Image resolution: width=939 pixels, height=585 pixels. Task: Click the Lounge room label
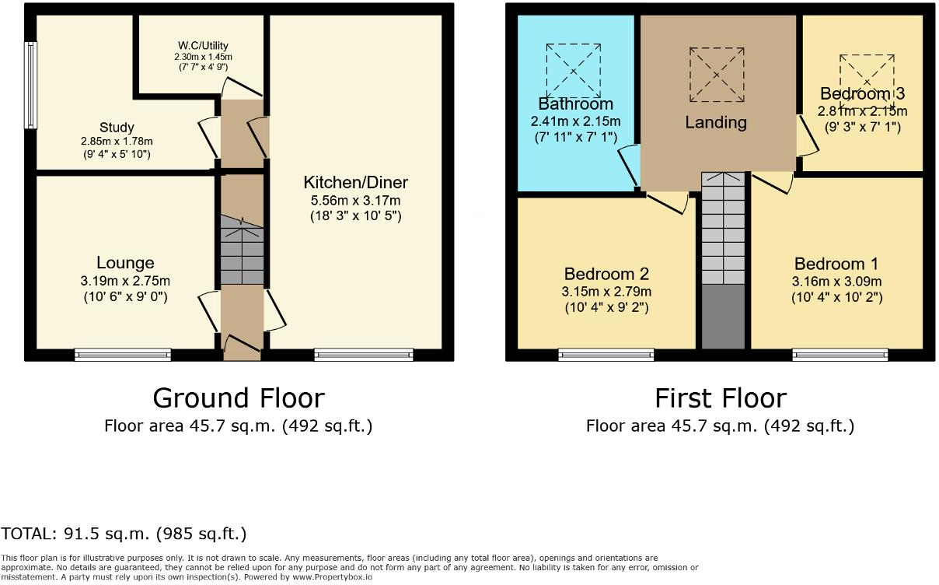point(125,263)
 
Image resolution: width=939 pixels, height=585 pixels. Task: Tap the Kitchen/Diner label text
point(355,183)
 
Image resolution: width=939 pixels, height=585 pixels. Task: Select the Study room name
point(117,127)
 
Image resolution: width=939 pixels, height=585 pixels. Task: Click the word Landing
point(716,122)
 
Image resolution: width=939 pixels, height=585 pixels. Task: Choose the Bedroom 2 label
point(606,274)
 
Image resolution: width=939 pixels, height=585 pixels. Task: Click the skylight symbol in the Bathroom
point(574,71)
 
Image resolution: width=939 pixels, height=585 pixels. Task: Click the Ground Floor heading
point(238,398)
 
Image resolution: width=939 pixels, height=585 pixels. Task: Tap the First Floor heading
point(720,398)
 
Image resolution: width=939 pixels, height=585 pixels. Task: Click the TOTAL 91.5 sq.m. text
point(124,534)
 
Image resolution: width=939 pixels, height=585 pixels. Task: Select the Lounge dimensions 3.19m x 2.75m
point(125,281)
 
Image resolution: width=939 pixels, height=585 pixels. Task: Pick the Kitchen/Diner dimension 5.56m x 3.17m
point(355,201)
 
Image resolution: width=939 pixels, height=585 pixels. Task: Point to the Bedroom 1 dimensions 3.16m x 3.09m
point(836,281)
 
